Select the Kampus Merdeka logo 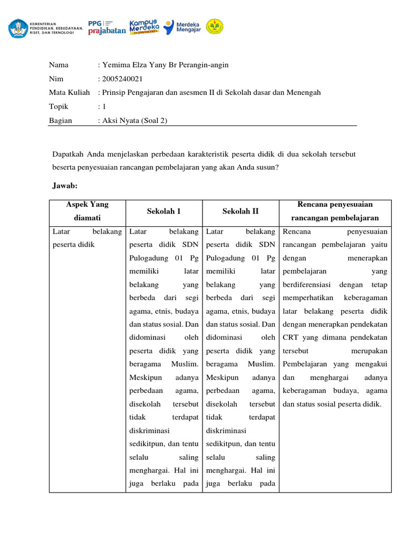[144, 27]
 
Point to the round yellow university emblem [214, 27]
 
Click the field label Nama [59, 65]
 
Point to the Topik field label [59, 107]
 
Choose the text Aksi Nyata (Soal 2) [134, 120]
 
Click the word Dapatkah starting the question [69, 154]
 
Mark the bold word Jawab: [65, 186]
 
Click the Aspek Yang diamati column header [87, 211]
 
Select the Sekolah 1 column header [165, 211]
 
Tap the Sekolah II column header [240, 211]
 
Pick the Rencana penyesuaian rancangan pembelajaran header [335, 211]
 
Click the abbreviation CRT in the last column [290, 337]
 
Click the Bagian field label [60, 120]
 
